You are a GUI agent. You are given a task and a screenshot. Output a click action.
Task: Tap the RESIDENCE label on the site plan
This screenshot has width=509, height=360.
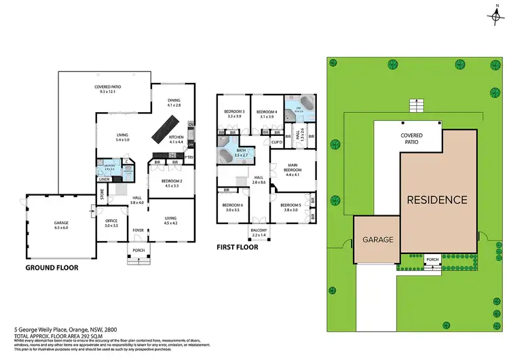[x=437, y=200]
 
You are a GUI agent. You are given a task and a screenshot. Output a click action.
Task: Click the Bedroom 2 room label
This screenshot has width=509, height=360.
[x=171, y=181]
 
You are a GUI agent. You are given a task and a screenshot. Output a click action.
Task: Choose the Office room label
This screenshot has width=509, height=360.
[x=111, y=220]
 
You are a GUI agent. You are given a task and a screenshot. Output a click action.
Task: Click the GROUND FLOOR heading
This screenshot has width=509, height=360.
[x=52, y=268]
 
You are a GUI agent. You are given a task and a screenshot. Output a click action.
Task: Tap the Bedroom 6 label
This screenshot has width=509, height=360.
[x=232, y=206]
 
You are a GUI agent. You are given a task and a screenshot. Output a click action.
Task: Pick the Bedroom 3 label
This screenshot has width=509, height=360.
[x=234, y=112]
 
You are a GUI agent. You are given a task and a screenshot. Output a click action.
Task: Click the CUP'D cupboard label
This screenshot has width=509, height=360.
[x=276, y=142]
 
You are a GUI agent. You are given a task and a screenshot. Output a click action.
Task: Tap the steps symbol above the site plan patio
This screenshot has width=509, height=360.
[x=413, y=105]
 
